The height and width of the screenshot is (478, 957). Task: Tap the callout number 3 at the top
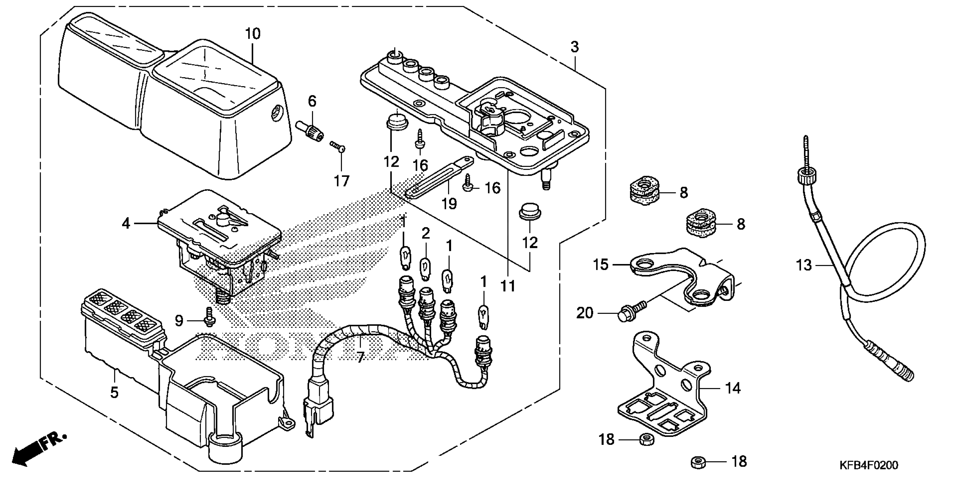574,47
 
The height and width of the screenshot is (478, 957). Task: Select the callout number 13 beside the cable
804,265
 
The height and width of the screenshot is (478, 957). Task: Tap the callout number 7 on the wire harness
360,358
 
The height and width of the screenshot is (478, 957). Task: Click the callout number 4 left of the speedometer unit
126,223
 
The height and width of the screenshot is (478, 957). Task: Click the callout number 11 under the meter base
508,286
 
